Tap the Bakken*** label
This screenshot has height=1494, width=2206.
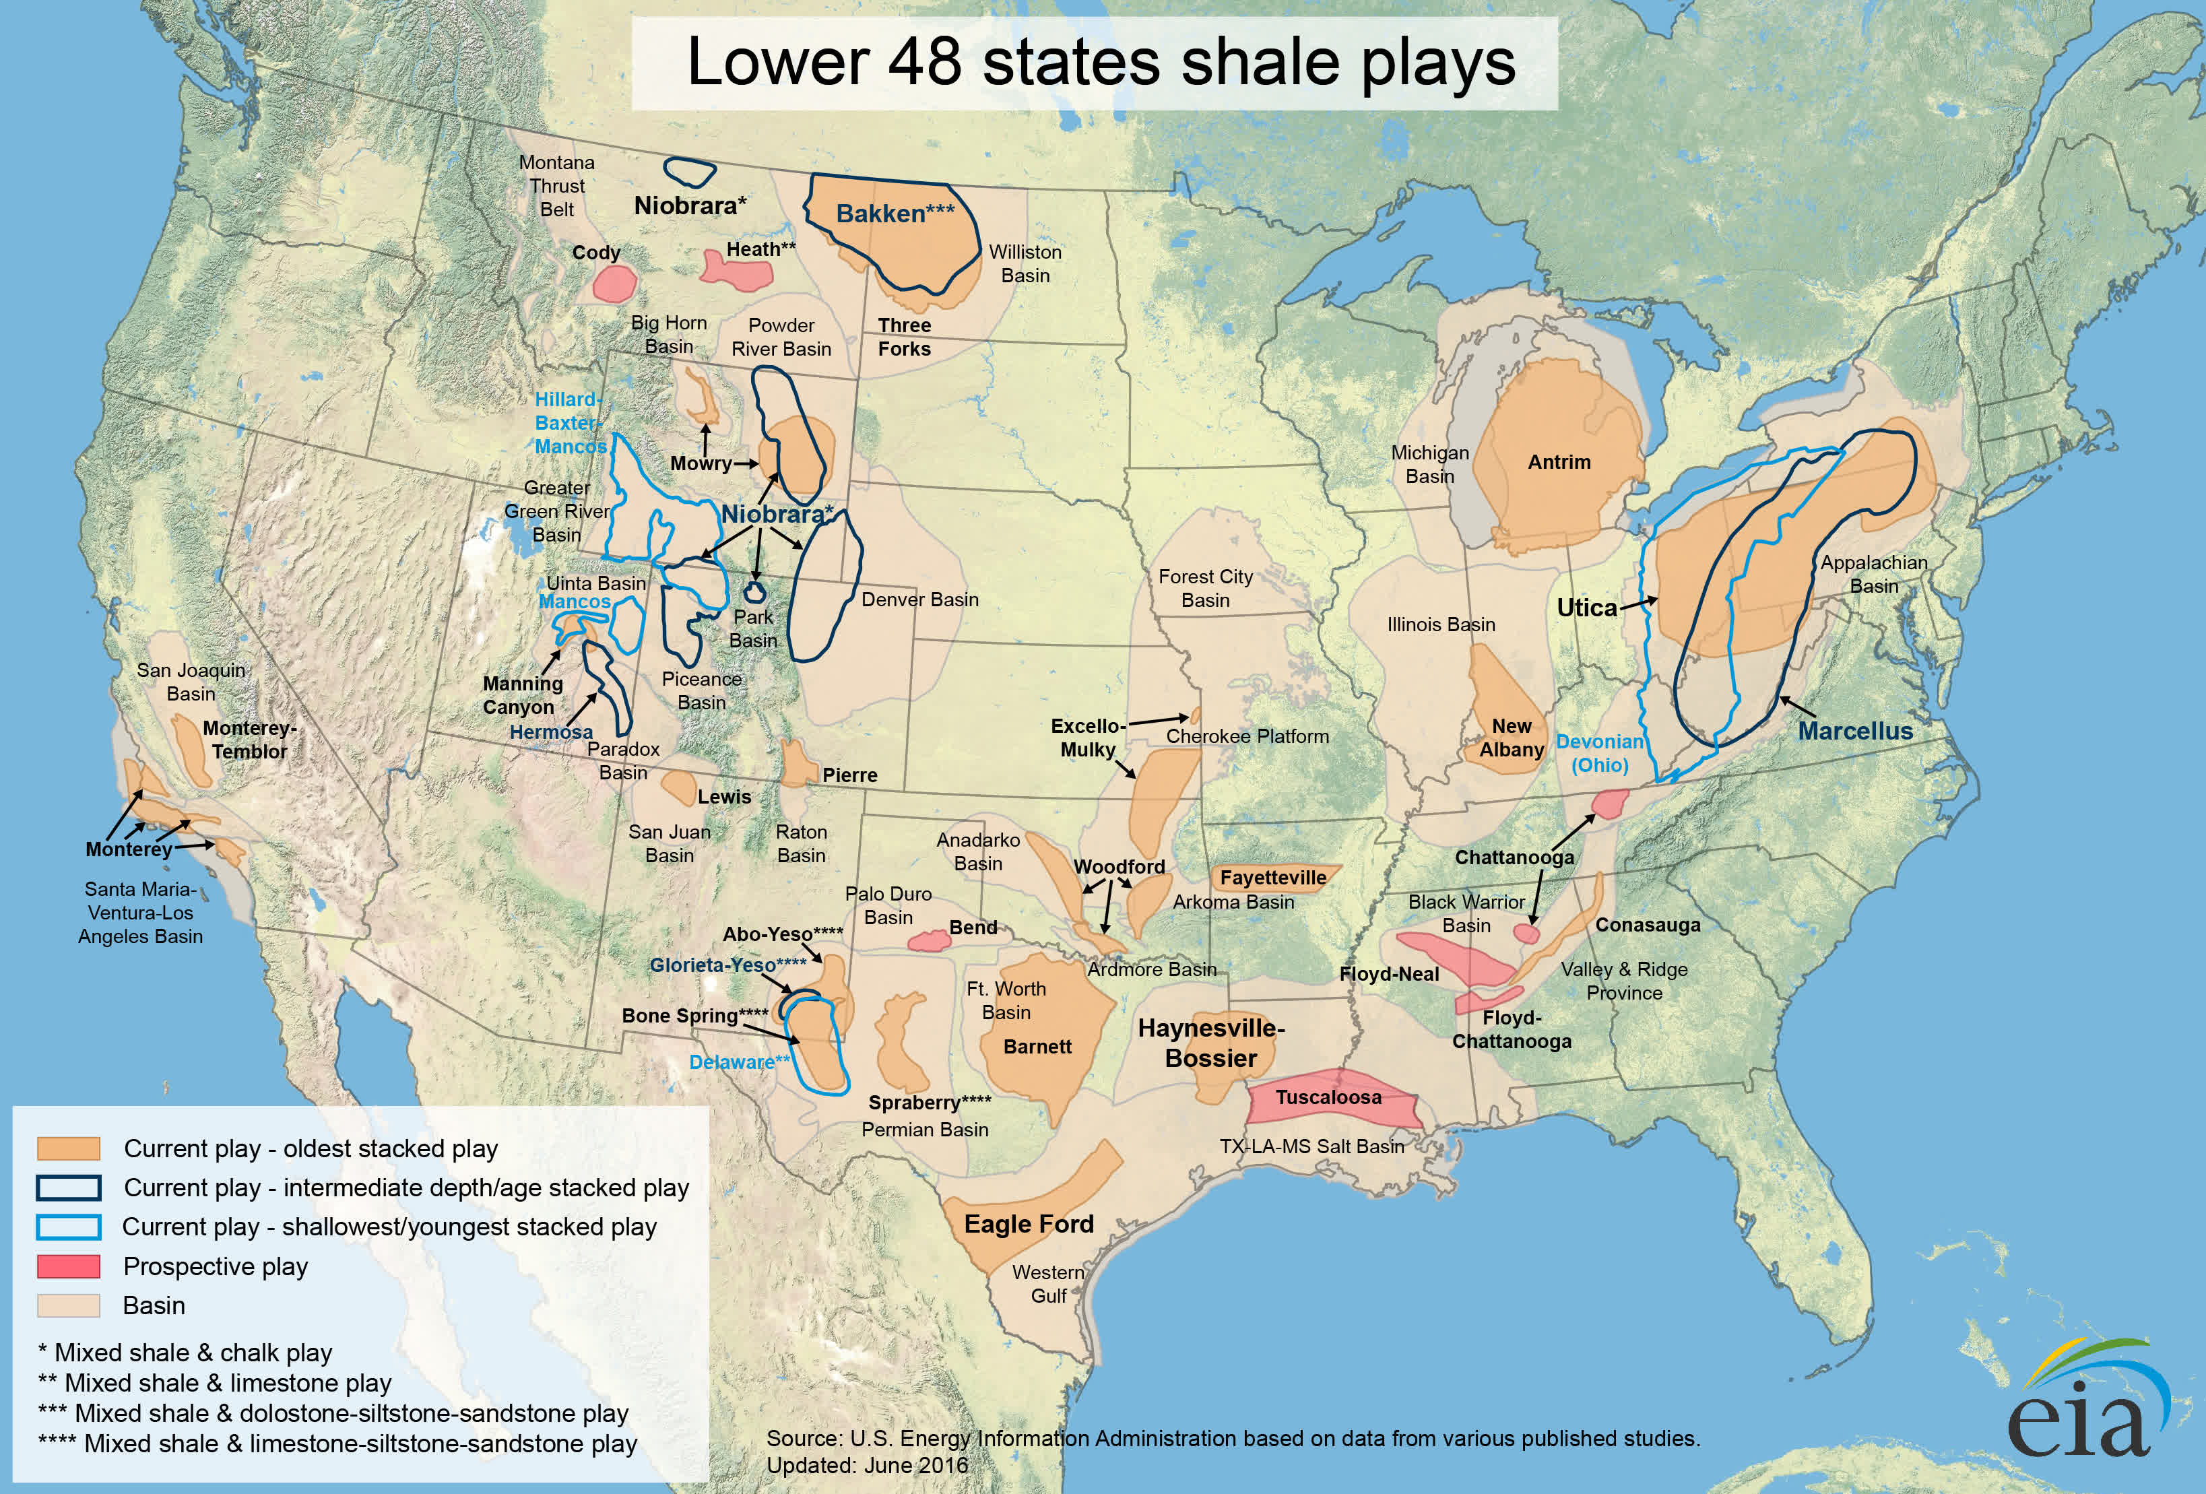(894, 214)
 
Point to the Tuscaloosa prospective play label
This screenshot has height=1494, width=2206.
(1328, 1097)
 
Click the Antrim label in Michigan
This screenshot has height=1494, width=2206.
(1559, 462)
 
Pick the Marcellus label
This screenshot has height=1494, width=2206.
(1855, 731)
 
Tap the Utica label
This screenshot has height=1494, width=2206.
(1586, 608)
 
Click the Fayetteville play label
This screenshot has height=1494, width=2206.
(1273, 878)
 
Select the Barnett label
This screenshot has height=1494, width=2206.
(1037, 1047)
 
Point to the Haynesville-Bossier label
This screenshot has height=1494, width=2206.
(1211, 1043)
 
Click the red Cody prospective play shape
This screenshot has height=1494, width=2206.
(615, 283)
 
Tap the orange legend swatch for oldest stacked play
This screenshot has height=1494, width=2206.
(68, 1148)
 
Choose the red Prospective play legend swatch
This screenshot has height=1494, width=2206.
(68, 1266)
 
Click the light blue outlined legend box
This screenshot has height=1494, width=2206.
(68, 1227)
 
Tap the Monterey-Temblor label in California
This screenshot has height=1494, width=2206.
(249, 740)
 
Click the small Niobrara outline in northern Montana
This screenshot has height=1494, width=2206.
(689, 172)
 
